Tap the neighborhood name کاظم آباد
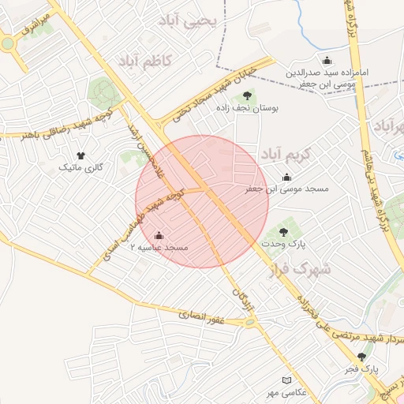150,61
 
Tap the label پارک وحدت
285,245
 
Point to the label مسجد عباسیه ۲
164,248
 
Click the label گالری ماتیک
82,168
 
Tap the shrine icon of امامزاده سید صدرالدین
327,61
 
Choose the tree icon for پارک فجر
362,357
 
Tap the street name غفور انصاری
204,316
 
